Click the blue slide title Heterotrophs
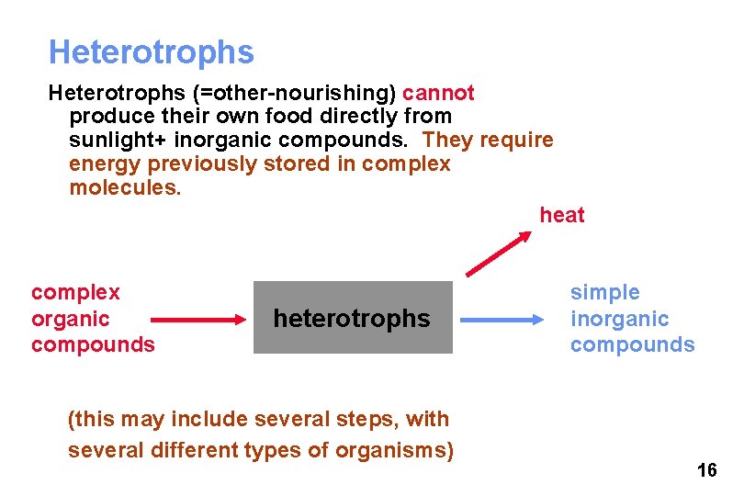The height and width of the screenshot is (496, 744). tap(151, 52)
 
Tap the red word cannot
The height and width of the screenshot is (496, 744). tap(438, 93)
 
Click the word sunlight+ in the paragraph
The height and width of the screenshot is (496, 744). tap(113, 141)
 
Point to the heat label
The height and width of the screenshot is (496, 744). tap(562, 215)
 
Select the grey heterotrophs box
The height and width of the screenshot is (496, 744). tap(353, 318)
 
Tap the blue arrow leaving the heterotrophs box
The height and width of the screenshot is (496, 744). tap(502, 319)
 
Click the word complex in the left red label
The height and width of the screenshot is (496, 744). tap(75, 292)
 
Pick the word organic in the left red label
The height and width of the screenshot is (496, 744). tap(70, 319)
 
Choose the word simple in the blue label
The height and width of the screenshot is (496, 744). tap(604, 292)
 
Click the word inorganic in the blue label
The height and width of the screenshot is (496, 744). tap(619, 319)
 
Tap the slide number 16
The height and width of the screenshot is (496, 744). tap(706, 471)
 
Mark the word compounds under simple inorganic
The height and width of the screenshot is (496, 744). tap(632, 344)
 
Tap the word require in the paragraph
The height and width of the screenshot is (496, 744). tap(519, 141)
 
